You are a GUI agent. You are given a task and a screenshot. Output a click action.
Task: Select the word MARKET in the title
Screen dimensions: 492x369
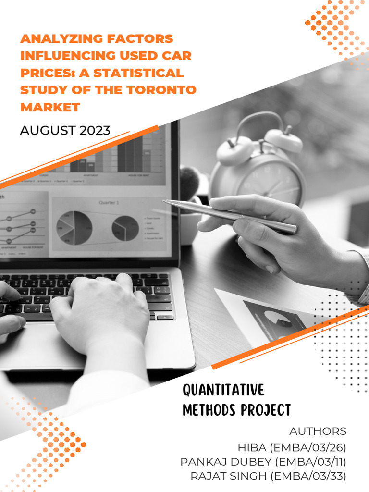(49, 107)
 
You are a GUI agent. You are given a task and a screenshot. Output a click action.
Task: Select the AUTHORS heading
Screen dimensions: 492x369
(318, 431)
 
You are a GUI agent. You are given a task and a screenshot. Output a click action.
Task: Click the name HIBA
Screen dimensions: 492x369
(252, 448)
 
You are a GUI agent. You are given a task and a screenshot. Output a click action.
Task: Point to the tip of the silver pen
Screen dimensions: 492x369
(165, 202)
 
